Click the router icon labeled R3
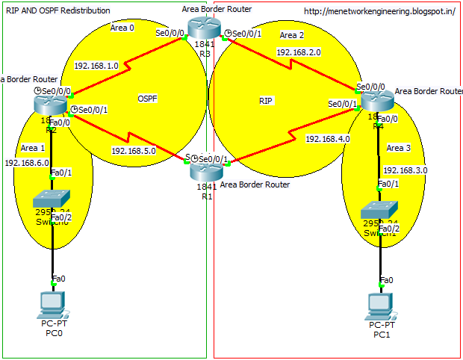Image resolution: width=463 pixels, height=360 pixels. point(201,28)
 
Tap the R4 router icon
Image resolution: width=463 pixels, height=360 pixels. point(376,100)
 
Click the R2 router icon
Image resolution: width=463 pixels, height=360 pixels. point(51,106)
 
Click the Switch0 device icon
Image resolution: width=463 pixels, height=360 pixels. point(52,200)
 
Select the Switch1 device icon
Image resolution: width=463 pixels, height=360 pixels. point(379,211)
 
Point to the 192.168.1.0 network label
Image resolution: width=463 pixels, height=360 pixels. point(96,66)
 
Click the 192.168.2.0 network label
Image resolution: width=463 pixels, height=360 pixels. point(298,53)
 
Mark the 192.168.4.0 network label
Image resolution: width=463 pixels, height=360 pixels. point(327,138)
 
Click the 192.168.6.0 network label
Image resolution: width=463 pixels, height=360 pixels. point(27,162)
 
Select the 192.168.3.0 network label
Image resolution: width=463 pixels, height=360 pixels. point(405,170)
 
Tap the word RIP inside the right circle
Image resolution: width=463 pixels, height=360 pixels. point(265,99)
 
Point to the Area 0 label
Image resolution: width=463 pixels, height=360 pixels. point(122,28)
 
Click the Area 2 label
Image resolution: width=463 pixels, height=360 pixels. point(292,35)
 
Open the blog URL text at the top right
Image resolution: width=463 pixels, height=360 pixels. point(380,11)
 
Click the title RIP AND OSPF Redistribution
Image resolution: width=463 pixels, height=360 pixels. point(58,10)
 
